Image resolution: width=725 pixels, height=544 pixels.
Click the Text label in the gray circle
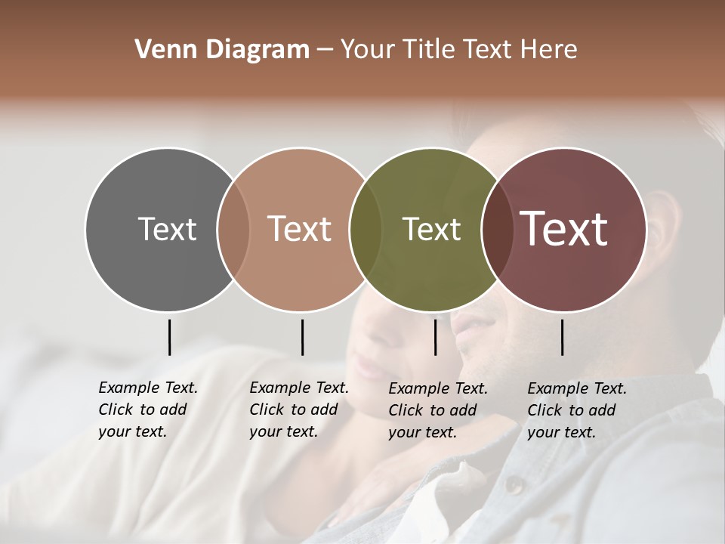pyautogui.click(x=167, y=229)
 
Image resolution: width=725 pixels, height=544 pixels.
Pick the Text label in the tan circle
pyautogui.click(x=300, y=229)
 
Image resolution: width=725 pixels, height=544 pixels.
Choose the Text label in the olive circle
pyautogui.click(x=431, y=229)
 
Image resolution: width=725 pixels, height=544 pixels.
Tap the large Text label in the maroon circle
pyautogui.click(x=564, y=229)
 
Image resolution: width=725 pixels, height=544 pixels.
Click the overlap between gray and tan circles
pyautogui.click(x=233, y=229)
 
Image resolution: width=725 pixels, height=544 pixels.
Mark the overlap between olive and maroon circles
pyautogui.click(x=498, y=229)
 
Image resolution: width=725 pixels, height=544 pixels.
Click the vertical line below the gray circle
pyautogui.click(x=169, y=337)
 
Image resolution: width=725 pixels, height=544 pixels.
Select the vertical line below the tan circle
pyautogui.click(x=302, y=337)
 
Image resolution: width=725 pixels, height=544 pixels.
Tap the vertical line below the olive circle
pyautogui.click(x=435, y=337)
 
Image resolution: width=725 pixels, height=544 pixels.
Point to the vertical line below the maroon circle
pyautogui.click(x=562, y=337)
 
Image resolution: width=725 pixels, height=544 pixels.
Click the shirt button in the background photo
pyautogui.click(x=513, y=484)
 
